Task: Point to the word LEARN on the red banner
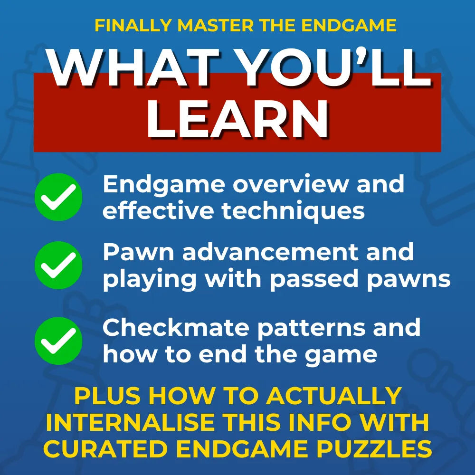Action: (237, 119)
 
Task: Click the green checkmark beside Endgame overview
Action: (58, 197)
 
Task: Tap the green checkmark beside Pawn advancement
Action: (58, 265)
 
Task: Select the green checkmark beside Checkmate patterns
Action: (58, 341)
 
